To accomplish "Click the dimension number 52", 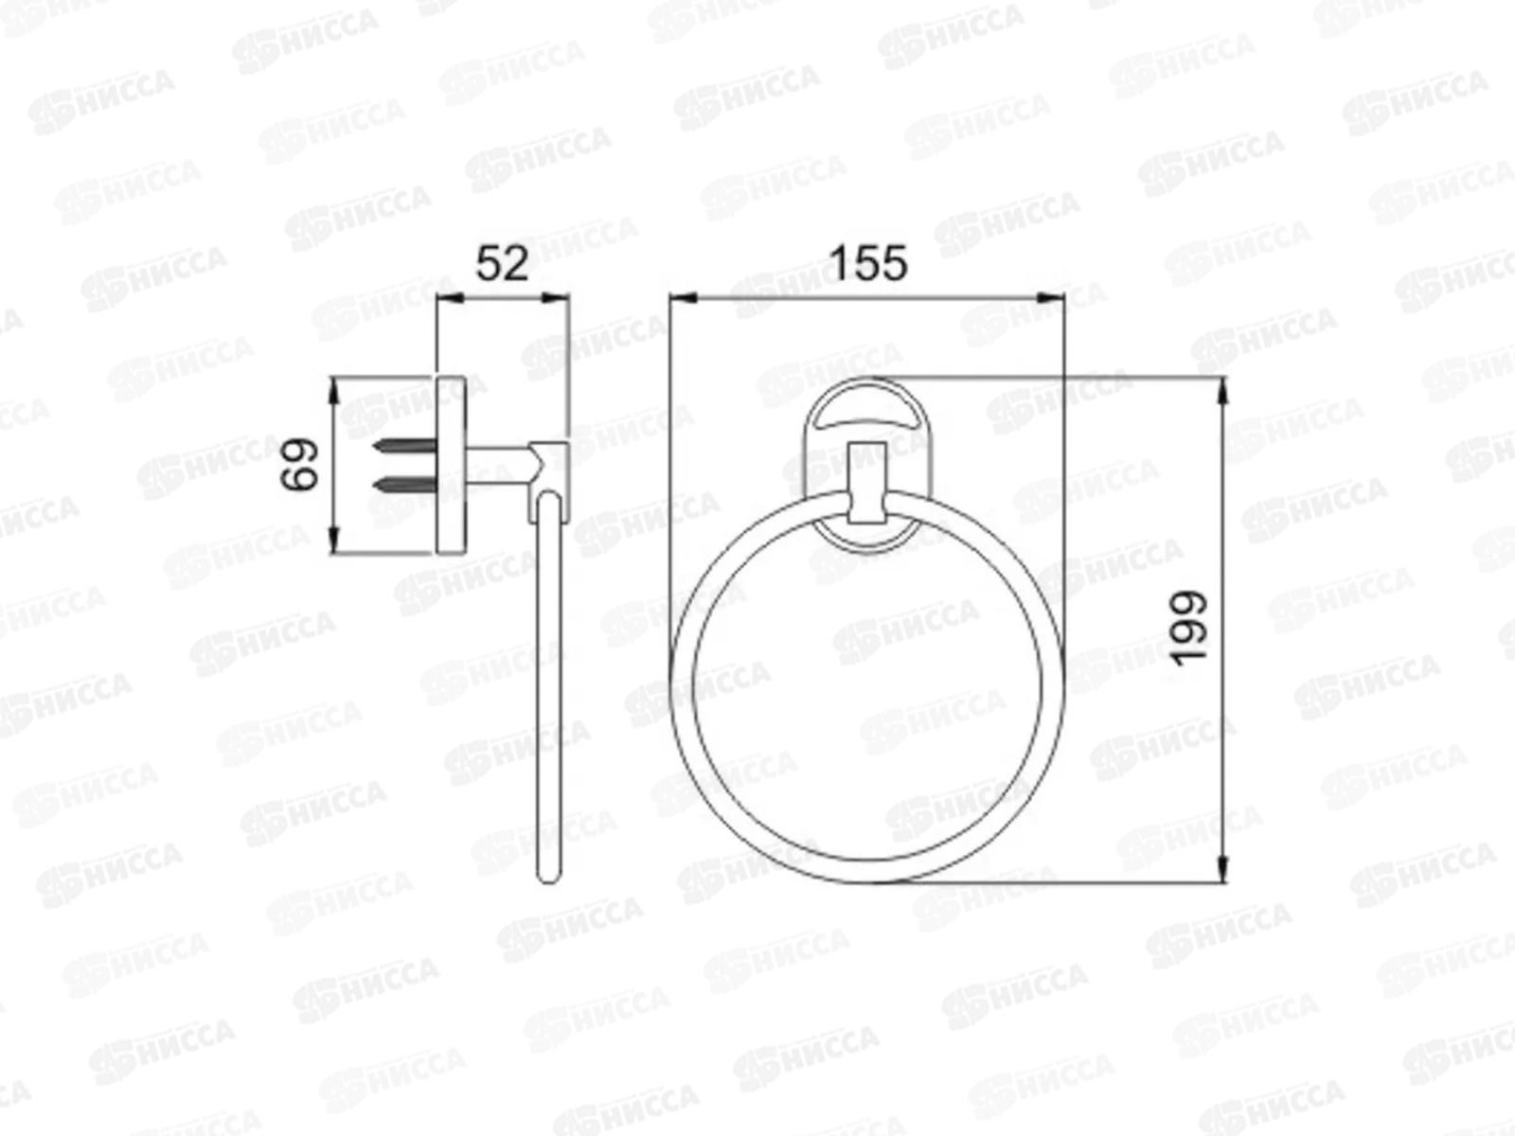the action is click(x=502, y=263).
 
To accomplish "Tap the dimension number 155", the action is click(x=867, y=263).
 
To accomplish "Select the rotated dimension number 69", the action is click(x=299, y=464).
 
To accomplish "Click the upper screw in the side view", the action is click(x=404, y=446).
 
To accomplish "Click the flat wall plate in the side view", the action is click(x=451, y=465).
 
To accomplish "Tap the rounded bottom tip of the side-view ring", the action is click(x=548, y=879).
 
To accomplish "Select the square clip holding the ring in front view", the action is click(x=867, y=482).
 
